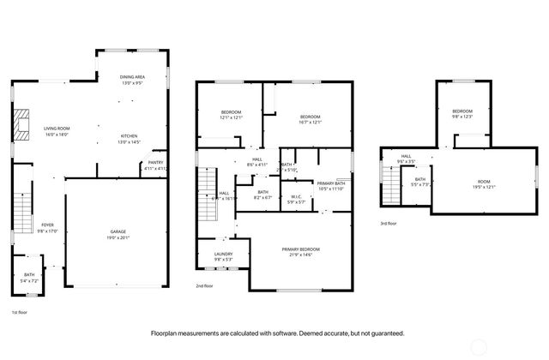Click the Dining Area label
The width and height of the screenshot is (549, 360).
[x=132, y=80]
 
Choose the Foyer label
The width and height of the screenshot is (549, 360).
[x=47, y=228]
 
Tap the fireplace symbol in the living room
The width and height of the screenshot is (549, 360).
[x=23, y=124]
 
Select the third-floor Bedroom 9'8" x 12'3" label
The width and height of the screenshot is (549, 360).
[x=462, y=113]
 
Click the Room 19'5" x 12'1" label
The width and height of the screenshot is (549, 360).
[x=484, y=183]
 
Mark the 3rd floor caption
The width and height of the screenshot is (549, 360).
[x=389, y=223]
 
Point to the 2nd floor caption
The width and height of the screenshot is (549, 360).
[x=204, y=285]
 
